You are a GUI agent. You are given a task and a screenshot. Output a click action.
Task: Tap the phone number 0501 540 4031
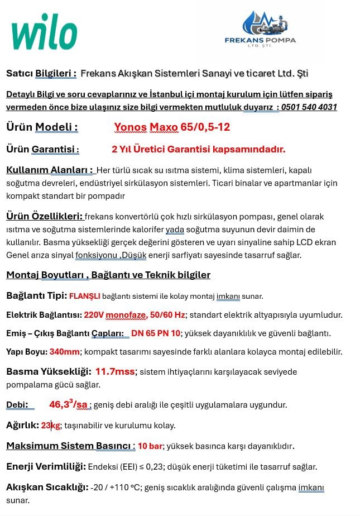tap(309, 107)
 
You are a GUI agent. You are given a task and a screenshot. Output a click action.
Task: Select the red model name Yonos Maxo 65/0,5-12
tap(172, 127)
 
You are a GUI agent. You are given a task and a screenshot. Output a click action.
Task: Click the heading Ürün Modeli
tap(42, 127)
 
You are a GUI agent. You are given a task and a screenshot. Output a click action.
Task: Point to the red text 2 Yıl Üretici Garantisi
tap(198, 149)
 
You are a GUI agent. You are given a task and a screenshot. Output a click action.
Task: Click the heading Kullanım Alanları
tap(49, 170)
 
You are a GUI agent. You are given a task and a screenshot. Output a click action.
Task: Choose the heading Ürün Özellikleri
tap(45, 216)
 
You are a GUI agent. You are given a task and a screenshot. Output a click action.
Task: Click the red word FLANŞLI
tap(84, 296)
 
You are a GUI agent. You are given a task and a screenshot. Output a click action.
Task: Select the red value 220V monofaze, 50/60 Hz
tap(134, 315)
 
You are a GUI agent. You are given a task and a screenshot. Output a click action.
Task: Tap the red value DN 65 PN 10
tap(156, 333)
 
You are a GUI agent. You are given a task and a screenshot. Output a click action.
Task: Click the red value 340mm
tap(65, 352)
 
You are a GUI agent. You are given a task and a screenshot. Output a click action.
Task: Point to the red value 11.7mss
tap(115, 371)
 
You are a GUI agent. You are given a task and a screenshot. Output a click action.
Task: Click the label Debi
tap(17, 405)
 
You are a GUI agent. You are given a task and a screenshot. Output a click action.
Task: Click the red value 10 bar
tap(150, 446)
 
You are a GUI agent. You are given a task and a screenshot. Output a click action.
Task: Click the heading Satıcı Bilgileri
tap(41, 74)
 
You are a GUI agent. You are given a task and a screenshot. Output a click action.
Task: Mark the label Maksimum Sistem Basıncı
tap(70, 446)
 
